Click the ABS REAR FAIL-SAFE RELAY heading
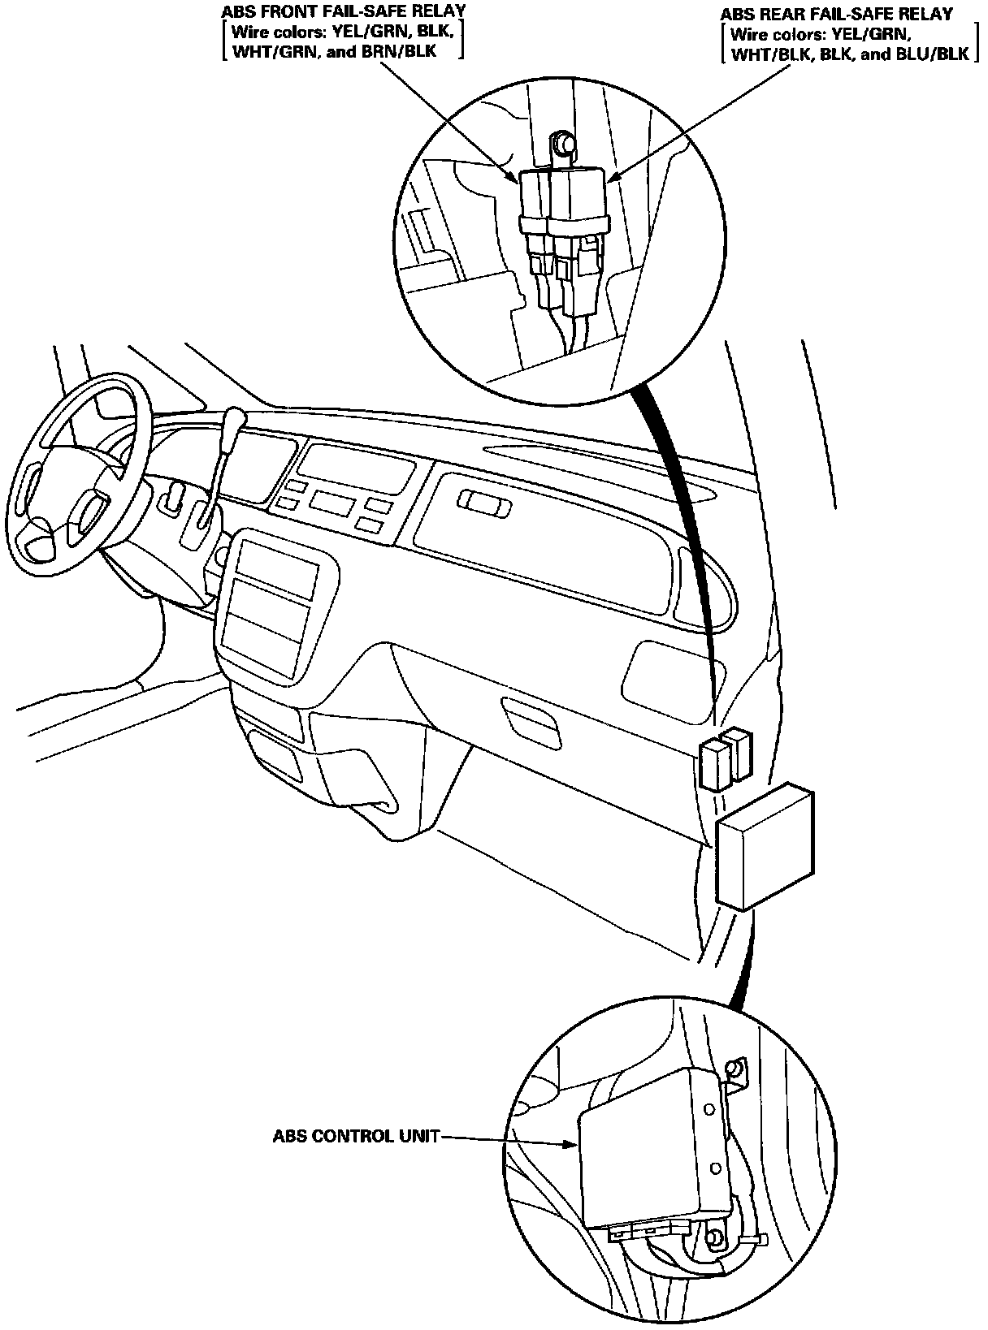tap(836, 15)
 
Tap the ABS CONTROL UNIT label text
tap(355, 1137)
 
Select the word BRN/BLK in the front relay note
tap(405, 51)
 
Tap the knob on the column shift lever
tap(236, 421)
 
